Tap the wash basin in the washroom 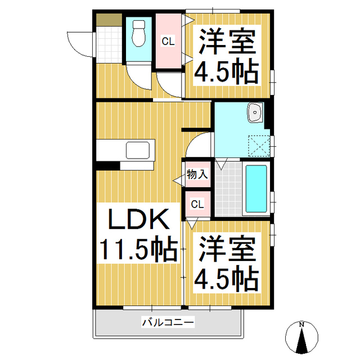click(256, 112)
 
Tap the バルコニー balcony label click(168, 322)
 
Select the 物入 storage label click(197, 175)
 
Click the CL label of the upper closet click(168, 41)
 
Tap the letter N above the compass click(301, 325)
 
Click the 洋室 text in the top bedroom click(227, 41)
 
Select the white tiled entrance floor click(109, 45)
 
